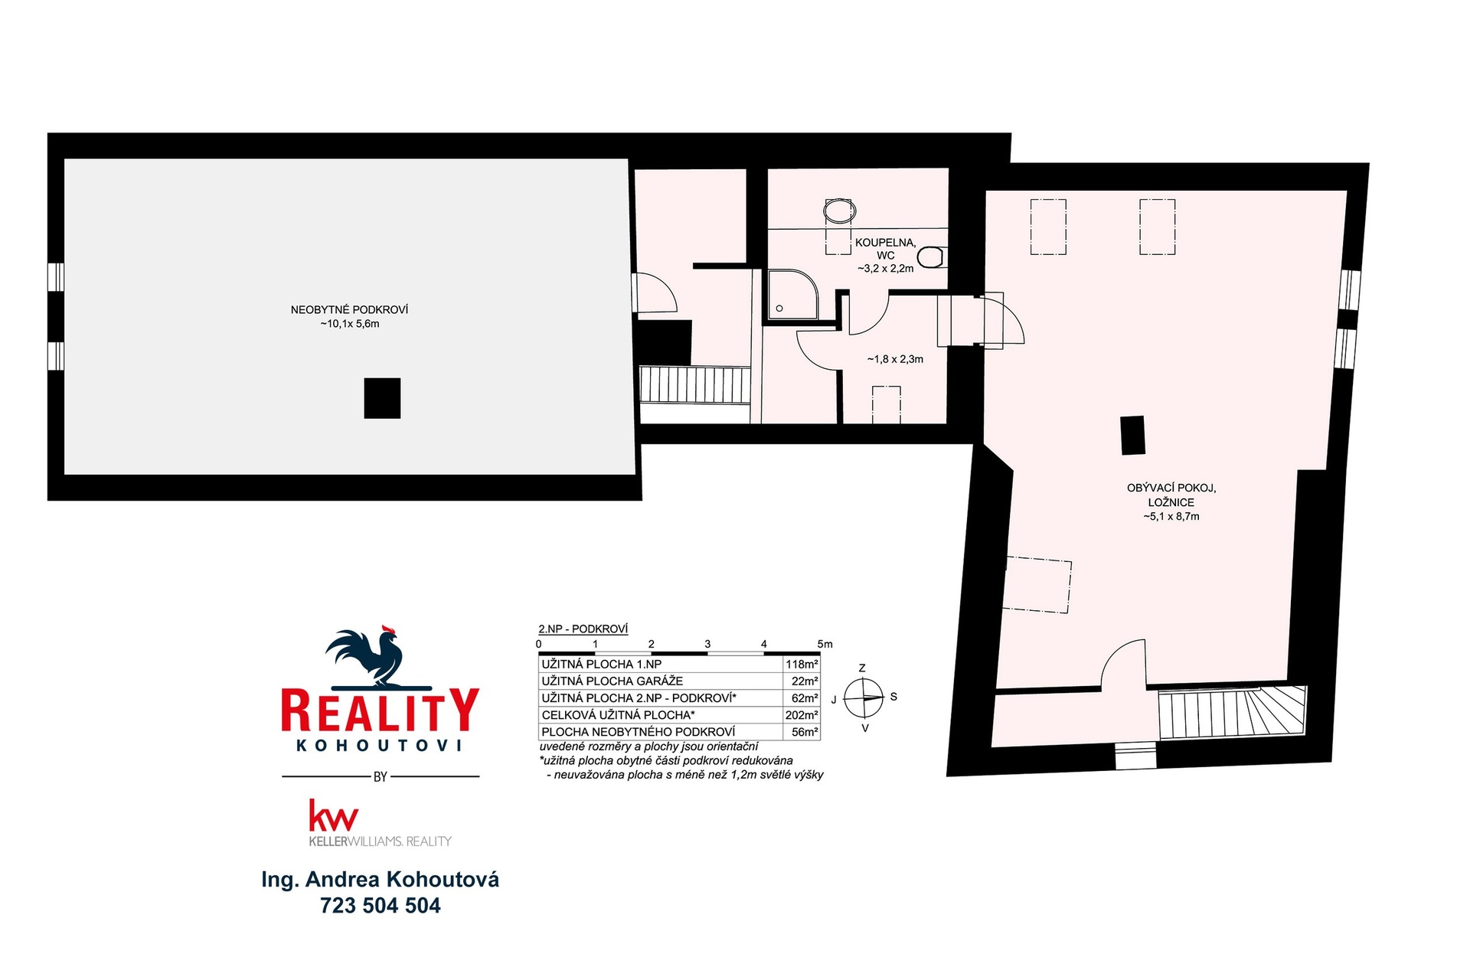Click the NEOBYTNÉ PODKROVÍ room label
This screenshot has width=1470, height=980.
click(x=349, y=316)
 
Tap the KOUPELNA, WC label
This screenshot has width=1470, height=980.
click(x=886, y=249)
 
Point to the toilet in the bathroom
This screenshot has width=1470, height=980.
click(x=931, y=257)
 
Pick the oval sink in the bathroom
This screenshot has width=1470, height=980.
click(x=839, y=211)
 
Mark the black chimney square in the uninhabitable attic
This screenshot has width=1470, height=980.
click(x=382, y=398)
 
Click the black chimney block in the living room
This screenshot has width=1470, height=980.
click(x=1132, y=435)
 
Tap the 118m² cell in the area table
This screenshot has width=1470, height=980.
click(x=802, y=664)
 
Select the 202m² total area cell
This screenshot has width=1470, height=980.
click(x=802, y=715)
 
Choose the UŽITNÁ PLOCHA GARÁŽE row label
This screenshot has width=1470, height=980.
click(x=612, y=681)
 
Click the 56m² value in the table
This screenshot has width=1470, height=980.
click(x=805, y=732)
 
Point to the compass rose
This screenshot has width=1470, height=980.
click(x=864, y=697)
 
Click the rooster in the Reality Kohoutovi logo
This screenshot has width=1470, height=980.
click(x=367, y=657)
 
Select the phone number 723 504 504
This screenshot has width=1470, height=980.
click(x=381, y=906)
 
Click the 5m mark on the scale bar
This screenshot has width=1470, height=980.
click(x=825, y=644)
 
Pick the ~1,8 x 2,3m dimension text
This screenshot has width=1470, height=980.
click(x=895, y=359)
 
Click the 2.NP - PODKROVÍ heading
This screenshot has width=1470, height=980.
click(x=583, y=629)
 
